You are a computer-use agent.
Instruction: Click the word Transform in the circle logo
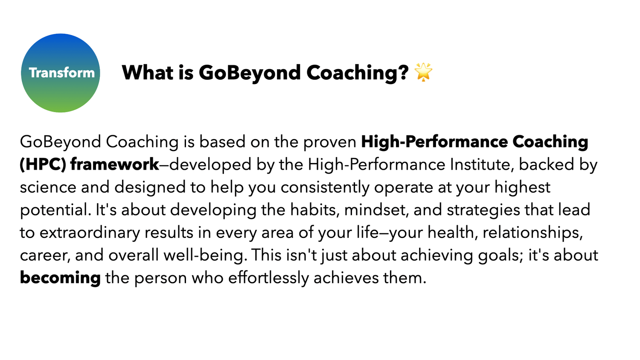(62, 73)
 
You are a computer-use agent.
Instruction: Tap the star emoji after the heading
(423, 72)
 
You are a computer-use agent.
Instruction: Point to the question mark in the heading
(403, 73)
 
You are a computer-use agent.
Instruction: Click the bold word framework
(115, 164)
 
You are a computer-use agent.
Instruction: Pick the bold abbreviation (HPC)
(43, 165)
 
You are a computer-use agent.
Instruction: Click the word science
(48, 187)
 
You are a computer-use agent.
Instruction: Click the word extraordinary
(90, 233)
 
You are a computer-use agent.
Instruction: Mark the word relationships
(532, 233)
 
